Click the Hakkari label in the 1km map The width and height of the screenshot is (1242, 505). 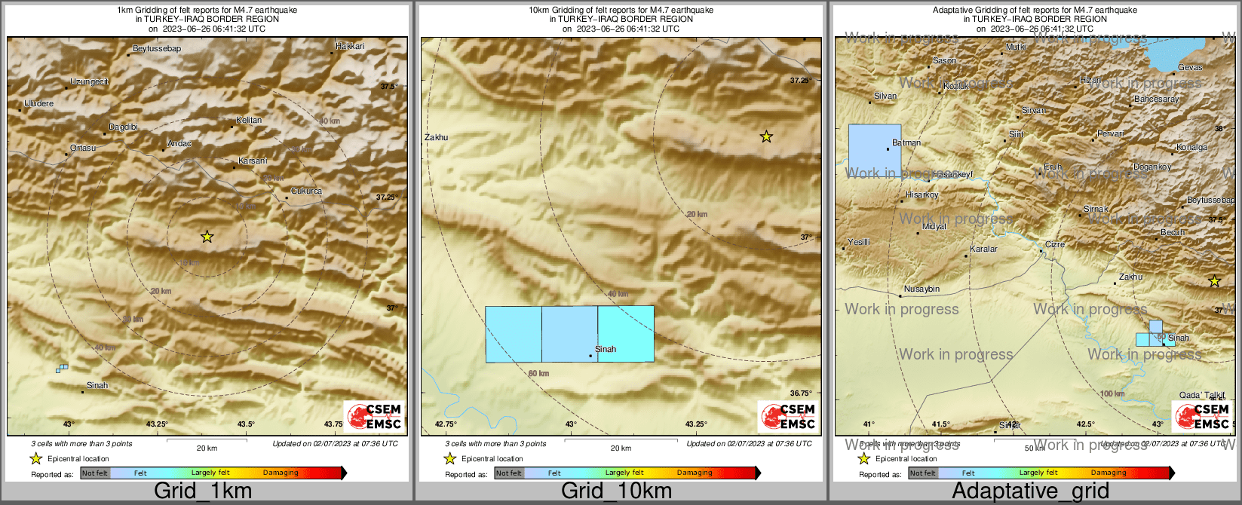point(350,47)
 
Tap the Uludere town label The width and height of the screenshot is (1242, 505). point(39,104)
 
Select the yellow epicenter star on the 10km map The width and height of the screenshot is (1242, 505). point(766,136)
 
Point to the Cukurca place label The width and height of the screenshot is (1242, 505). point(306,191)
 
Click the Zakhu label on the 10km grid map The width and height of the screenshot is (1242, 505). point(436,137)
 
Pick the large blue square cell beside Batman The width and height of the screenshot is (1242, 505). point(875,151)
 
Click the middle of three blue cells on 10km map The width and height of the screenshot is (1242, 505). point(569,334)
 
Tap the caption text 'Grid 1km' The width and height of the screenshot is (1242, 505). point(203,491)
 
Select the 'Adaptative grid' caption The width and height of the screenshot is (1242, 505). point(1030,491)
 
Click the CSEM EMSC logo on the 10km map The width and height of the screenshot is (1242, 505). point(789,416)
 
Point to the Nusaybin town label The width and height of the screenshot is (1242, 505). point(922,289)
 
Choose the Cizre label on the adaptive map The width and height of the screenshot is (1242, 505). point(1054,245)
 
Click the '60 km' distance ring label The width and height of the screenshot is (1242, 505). point(538,374)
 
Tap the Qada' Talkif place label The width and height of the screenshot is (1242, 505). point(1202,396)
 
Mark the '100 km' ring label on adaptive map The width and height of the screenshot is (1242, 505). point(1112,394)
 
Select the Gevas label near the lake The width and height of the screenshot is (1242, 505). point(1190,67)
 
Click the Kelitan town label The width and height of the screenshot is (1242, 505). point(249,121)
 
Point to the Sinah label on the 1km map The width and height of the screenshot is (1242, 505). point(97,385)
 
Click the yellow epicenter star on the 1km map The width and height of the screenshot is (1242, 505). point(207,237)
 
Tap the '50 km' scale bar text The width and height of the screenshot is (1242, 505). point(1035,448)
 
